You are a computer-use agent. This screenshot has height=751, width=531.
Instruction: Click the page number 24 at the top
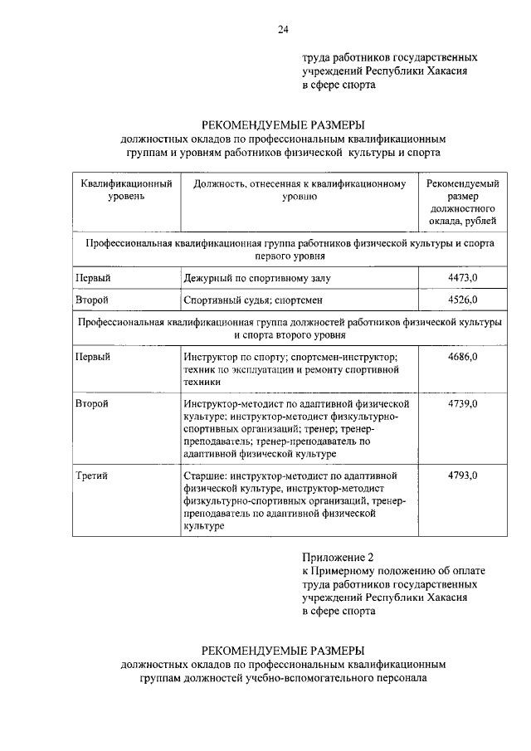(x=283, y=31)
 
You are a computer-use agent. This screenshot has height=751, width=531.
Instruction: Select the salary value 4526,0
(x=462, y=300)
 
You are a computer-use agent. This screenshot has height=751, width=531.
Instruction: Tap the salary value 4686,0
(x=462, y=356)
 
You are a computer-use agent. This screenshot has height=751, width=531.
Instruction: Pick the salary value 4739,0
(x=462, y=402)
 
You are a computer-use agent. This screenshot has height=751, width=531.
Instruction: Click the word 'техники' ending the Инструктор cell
(x=202, y=382)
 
